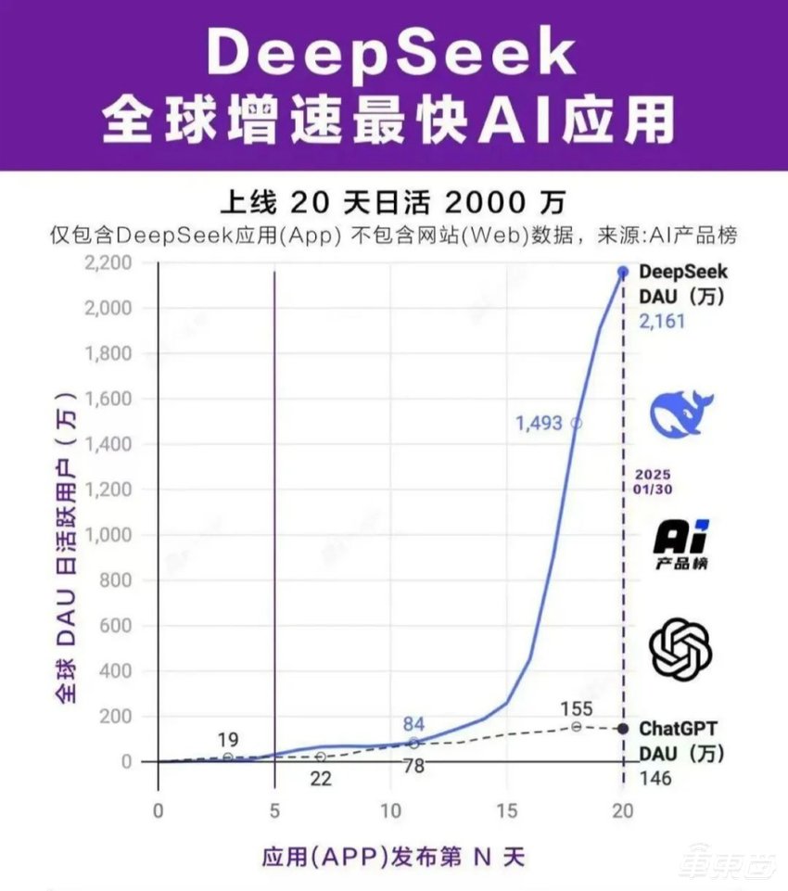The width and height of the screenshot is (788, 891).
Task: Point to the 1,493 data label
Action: [540, 423]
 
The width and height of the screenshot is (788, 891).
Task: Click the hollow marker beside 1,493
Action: [577, 423]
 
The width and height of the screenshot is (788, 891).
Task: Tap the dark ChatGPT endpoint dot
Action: [623, 729]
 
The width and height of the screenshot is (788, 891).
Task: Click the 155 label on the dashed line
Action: [576, 709]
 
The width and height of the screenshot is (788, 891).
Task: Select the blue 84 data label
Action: [413, 724]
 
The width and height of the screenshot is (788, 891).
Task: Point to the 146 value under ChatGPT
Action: [656, 779]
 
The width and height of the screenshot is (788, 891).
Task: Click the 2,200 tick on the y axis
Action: [108, 262]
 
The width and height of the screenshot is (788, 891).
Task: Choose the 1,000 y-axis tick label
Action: [108, 535]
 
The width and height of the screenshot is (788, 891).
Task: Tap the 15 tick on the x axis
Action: [506, 810]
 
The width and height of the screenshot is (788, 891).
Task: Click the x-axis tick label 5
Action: [274, 810]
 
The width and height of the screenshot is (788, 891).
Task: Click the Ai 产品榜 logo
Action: [681, 544]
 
